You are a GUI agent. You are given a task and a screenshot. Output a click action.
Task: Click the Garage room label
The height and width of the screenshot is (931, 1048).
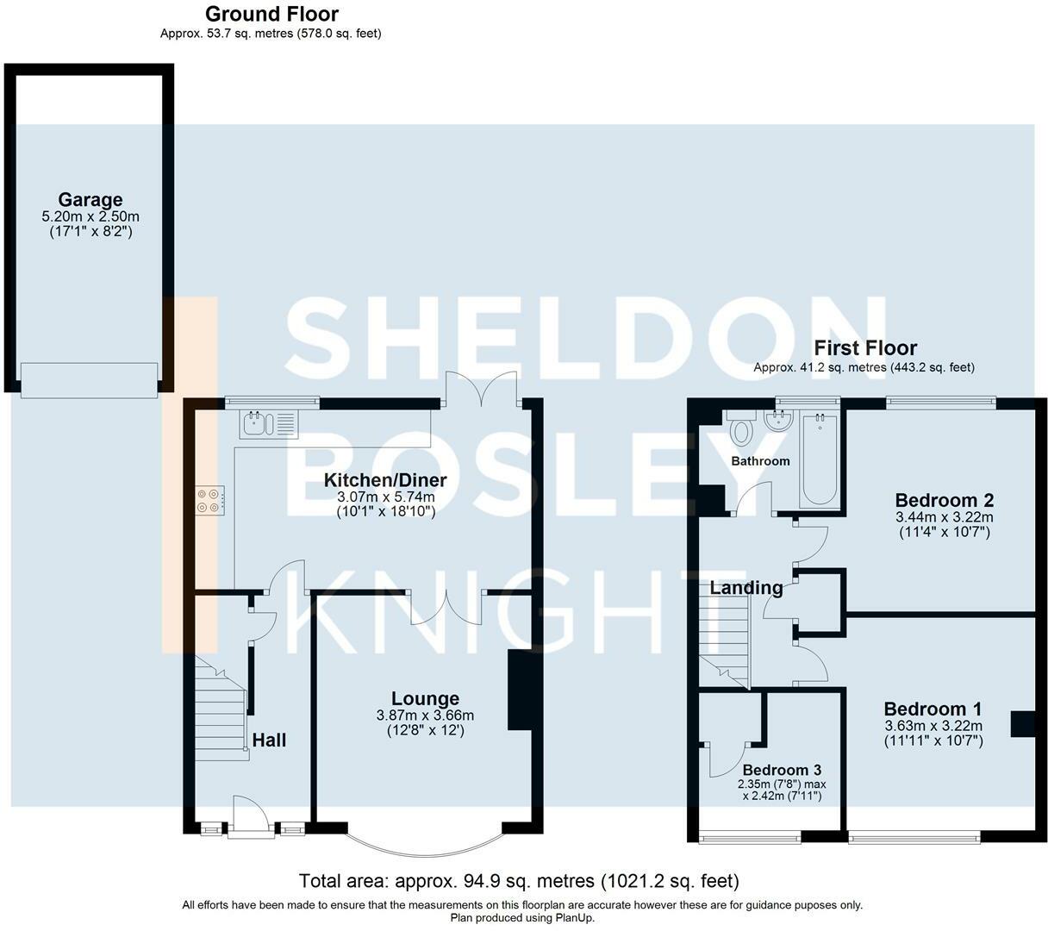tap(90, 199)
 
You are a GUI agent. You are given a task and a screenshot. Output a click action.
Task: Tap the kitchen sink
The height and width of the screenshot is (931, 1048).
tap(267, 424)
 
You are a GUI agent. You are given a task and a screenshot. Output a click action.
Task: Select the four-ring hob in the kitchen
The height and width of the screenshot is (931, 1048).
tap(210, 501)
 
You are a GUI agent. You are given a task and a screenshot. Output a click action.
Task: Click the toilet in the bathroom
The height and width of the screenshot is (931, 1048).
tap(741, 427)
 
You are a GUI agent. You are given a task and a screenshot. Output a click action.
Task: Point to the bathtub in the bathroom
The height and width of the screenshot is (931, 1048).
tap(820, 460)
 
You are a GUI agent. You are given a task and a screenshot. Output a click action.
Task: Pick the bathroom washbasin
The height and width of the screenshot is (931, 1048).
tap(778, 420)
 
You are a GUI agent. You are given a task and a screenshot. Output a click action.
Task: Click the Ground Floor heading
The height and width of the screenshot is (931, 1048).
tap(271, 14)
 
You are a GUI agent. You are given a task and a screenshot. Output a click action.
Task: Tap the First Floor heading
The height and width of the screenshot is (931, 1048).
tap(865, 347)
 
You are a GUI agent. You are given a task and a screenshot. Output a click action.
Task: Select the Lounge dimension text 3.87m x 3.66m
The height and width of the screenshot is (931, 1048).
tap(425, 715)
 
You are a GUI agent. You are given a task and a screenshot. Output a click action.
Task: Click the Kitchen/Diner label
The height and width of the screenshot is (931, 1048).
tap(385, 480)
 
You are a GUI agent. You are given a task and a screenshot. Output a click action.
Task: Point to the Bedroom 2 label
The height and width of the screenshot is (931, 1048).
tap(945, 500)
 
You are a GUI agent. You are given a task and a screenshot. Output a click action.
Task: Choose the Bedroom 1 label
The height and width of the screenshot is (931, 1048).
tap(933, 709)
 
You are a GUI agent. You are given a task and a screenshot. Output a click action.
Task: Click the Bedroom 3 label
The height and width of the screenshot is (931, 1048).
tap(782, 770)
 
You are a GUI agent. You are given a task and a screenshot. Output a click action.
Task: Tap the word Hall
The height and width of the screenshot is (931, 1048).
tap(269, 740)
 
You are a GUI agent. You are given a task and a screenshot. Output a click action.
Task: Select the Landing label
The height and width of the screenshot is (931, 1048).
tap(745, 587)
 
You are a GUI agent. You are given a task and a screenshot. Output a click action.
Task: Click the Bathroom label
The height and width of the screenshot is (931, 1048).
tap(760, 461)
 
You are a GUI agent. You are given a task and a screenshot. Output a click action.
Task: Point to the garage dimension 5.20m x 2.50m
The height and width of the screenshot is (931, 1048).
tap(90, 216)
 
